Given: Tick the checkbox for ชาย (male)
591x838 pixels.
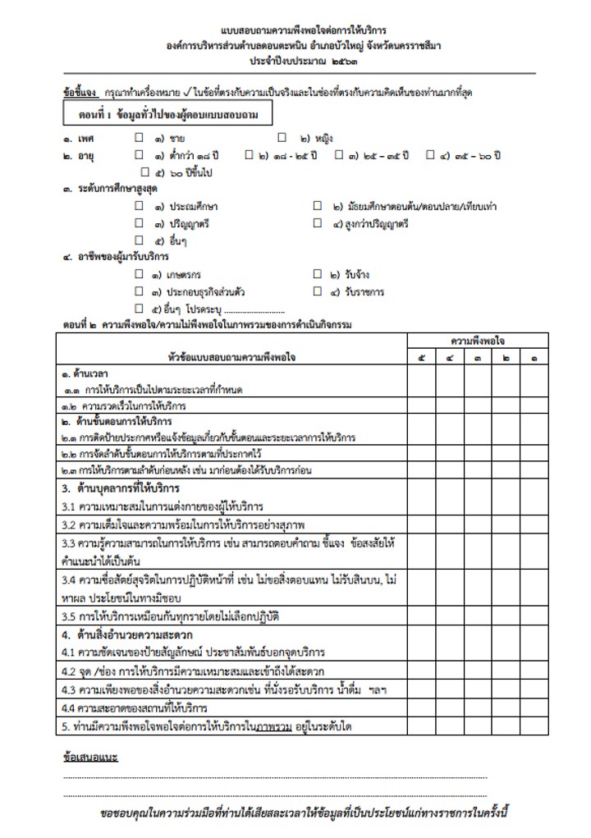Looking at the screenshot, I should (140, 139).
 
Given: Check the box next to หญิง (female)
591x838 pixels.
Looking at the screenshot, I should (282, 139).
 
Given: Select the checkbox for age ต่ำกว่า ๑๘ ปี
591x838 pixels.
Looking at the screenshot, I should (140, 154).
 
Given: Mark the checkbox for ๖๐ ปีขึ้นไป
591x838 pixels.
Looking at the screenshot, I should (146, 172).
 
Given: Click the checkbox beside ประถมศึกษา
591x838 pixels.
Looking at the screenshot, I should (140, 206).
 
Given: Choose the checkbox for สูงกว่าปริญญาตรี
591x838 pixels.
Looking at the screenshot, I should (318, 223).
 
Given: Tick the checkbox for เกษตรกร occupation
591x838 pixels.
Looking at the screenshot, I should (140, 275).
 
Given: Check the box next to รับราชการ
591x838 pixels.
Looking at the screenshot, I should (318, 292).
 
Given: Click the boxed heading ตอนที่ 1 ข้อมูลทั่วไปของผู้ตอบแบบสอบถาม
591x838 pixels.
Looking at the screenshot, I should (167, 115).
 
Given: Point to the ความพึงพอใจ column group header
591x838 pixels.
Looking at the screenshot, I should (477, 340).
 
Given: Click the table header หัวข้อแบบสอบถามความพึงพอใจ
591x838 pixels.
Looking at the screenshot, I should (232, 358).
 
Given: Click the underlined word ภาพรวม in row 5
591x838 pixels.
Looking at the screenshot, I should (273, 726).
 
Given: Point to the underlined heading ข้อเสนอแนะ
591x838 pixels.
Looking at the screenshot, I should (89, 756).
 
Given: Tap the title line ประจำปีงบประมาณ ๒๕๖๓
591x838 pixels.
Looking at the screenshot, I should (298, 62).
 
